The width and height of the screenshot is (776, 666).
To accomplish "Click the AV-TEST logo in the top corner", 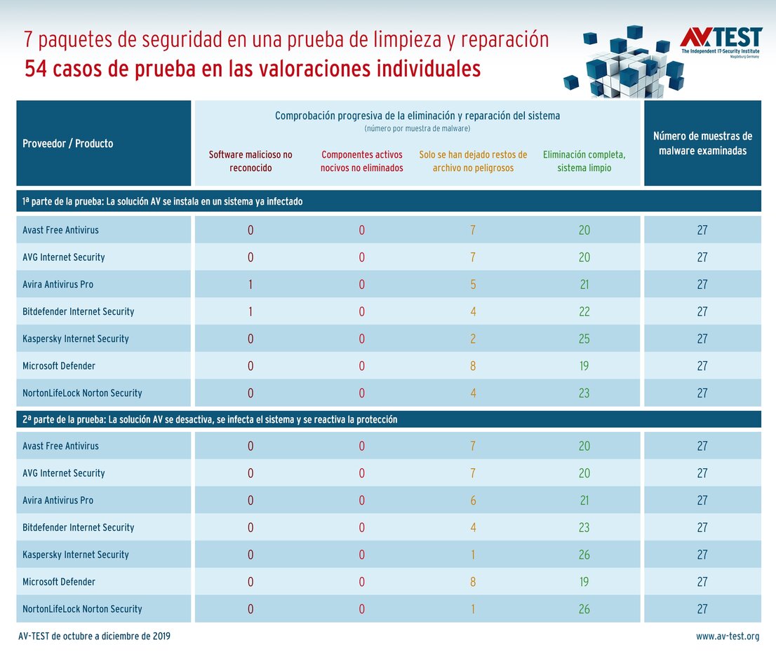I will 721,43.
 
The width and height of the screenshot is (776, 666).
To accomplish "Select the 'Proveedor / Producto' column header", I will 68,144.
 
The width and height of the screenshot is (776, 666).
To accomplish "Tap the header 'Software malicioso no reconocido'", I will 250,161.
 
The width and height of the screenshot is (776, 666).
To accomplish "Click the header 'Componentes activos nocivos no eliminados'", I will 362,161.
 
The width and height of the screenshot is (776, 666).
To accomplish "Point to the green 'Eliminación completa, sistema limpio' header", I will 584,161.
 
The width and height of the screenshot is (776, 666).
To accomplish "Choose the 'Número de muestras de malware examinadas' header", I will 702,143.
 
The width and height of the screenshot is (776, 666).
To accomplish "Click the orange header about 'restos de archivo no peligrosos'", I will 473,161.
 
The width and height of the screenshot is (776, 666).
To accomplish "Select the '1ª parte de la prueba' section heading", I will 163,201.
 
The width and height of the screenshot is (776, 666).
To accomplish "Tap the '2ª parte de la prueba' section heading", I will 210,419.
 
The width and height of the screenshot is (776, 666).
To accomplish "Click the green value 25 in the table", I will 584,339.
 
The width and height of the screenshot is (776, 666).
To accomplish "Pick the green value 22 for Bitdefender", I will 584,311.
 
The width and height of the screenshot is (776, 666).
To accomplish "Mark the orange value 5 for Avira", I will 473,285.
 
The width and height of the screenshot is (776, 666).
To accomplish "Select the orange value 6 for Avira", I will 473,501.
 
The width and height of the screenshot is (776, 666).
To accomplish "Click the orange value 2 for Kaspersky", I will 473,339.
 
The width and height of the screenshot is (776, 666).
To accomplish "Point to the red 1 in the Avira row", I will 250,285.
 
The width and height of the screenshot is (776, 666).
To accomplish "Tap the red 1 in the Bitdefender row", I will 250,311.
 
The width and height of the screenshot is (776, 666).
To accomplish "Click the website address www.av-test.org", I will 728,637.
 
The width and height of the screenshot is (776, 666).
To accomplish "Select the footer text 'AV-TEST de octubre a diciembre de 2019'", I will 94,637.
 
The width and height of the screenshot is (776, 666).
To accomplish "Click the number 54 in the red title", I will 36,69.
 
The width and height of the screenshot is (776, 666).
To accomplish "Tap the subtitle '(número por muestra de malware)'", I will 417,129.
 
